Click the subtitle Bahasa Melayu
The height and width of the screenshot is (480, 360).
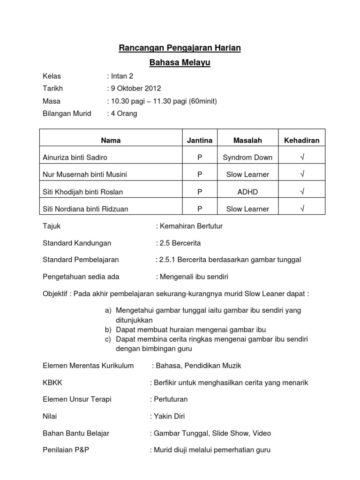180,62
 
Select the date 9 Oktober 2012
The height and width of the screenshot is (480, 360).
135,88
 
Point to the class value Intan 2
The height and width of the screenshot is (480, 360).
122,76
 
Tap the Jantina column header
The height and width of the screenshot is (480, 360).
200,140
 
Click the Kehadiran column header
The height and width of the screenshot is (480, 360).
302,140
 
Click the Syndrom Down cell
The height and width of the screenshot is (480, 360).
247,157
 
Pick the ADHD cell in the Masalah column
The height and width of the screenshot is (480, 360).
247,192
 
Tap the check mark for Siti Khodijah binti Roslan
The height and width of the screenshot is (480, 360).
302,192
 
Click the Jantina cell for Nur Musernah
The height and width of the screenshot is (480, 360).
200,174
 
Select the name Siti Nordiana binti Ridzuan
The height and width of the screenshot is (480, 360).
85,209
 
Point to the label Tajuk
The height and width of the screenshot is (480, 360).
52,226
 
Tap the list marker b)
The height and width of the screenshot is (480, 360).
108,330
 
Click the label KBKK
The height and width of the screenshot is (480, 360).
52,383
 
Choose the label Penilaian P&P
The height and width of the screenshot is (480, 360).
66,450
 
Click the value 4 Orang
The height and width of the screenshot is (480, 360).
124,113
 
